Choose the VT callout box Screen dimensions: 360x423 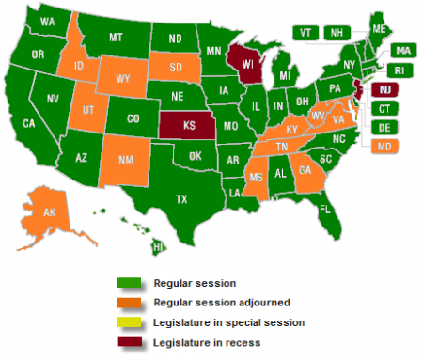305,32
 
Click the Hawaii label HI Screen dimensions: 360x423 159,246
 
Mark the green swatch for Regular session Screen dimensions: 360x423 129,282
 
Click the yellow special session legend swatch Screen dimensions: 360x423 129,321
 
